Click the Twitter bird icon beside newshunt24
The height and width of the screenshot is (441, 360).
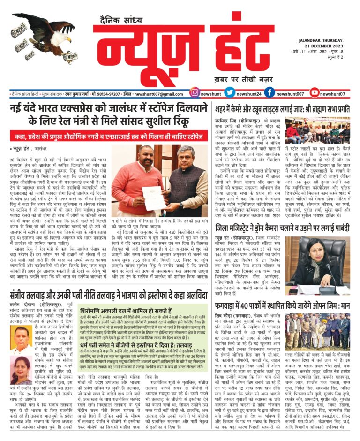click(x=230, y=93)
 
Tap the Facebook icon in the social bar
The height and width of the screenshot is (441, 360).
click(x=270, y=93)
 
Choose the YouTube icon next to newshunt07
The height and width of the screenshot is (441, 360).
click(x=309, y=93)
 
